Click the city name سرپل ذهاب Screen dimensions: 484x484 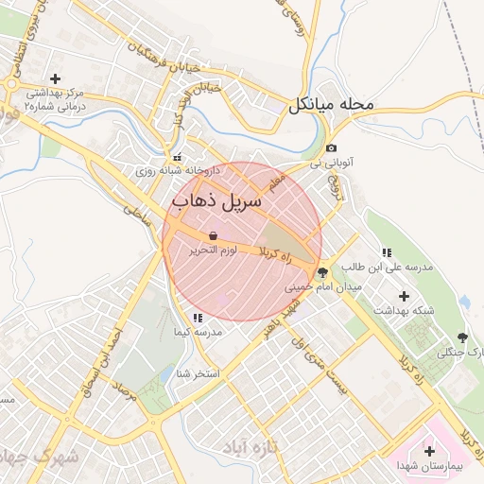click(210, 201)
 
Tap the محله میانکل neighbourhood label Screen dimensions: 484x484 click(333, 104)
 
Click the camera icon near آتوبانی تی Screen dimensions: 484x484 click(331, 148)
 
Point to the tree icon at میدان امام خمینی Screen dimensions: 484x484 click(323, 271)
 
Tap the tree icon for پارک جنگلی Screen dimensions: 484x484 click(462, 337)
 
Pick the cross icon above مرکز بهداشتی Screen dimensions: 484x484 click(55, 78)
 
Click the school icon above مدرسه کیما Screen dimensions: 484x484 click(197, 319)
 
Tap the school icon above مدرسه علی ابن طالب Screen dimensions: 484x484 click(386, 252)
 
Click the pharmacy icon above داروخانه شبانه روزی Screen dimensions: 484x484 click(177, 157)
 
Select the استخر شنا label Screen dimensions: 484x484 click(198, 373)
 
